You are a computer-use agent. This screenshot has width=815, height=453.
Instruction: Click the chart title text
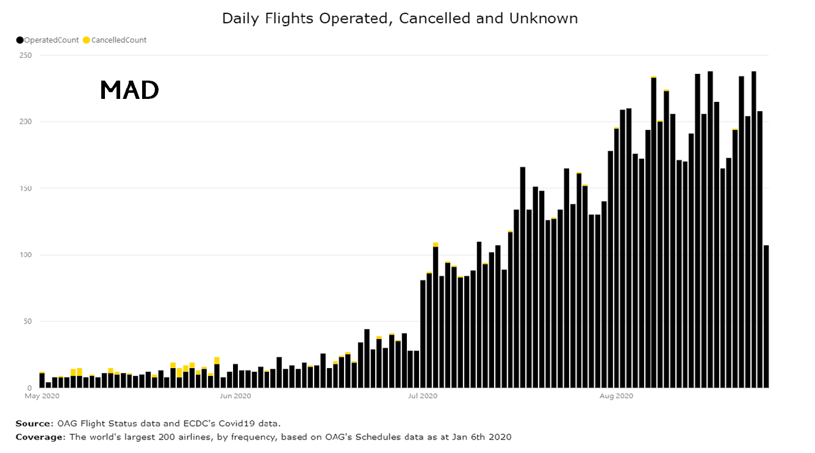tap(400, 18)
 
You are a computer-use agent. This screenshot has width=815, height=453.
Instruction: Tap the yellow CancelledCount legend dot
tap(87, 40)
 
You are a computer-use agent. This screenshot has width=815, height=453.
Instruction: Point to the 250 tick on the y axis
tap(26, 56)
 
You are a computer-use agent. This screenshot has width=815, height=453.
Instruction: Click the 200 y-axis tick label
tap(26, 122)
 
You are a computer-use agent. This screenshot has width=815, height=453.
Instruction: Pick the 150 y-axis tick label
tap(26, 189)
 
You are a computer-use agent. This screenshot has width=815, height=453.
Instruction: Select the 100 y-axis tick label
tap(26, 255)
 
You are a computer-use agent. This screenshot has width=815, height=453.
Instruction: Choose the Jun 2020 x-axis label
tap(235, 396)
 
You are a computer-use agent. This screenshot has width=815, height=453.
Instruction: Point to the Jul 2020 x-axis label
tap(422, 396)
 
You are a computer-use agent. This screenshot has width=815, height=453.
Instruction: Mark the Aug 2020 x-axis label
tap(616, 396)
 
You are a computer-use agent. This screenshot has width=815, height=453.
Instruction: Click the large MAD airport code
tap(129, 90)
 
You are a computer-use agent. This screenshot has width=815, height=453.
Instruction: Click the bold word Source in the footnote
tap(34, 423)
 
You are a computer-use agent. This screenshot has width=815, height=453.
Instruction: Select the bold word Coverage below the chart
tap(39, 437)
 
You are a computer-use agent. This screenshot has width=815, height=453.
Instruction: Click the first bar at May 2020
tap(42, 380)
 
